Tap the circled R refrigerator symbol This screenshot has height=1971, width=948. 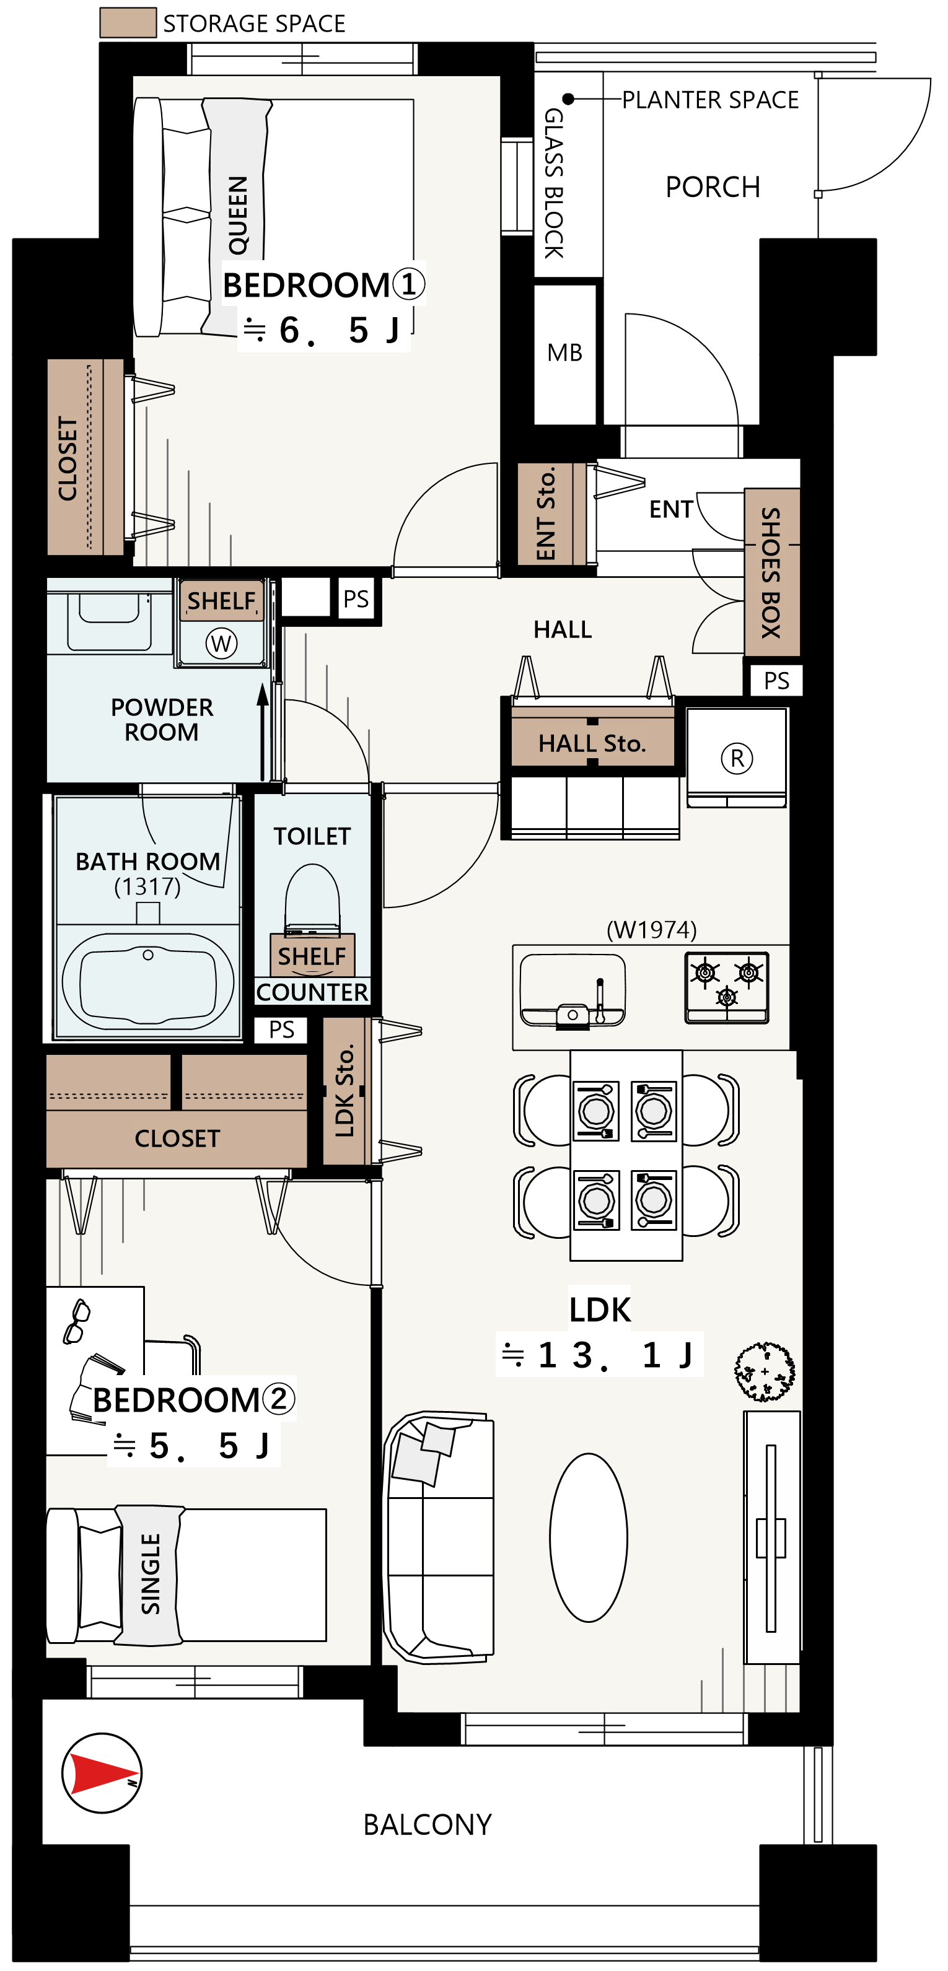click(737, 758)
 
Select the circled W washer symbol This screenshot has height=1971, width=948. click(221, 643)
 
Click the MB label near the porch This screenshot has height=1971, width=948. click(564, 352)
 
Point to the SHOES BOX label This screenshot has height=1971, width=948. click(771, 572)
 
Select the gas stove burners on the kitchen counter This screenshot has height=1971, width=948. click(727, 987)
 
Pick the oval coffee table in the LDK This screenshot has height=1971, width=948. click(589, 1538)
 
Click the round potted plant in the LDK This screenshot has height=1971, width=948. click(765, 1372)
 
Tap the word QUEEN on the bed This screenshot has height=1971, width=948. click(238, 215)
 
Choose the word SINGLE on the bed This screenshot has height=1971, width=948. click(151, 1574)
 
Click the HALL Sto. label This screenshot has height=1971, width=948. click(592, 743)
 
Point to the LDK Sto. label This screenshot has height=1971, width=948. click(345, 1090)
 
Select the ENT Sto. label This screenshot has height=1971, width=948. click(545, 514)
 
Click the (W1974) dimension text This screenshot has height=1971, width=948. click(652, 930)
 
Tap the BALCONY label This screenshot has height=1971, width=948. click(428, 1825)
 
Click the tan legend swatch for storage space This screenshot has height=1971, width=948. click(128, 23)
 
